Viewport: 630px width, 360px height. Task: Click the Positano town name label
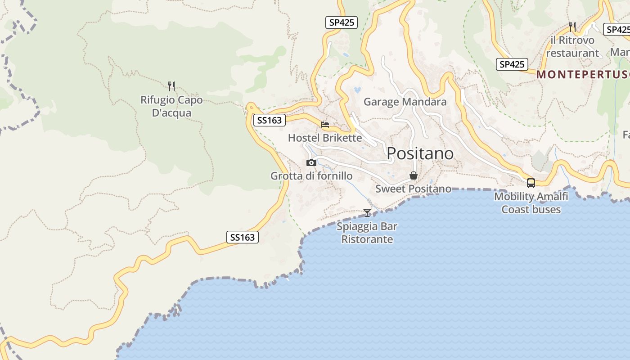(x=420, y=153)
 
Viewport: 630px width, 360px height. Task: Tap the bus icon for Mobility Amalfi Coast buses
(x=531, y=183)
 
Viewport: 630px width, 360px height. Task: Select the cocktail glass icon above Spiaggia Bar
(x=367, y=212)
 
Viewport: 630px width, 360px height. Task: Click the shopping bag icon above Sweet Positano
(x=414, y=175)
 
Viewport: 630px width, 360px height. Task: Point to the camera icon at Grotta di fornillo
(x=311, y=162)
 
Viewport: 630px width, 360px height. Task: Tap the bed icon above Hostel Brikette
(x=325, y=124)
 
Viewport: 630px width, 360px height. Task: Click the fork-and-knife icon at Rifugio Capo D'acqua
(x=171, y=86)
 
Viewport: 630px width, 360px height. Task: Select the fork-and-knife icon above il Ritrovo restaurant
(x=572, y=27)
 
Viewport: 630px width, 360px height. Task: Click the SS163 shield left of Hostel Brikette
(x=270, y=120)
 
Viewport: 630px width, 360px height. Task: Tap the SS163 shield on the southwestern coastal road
(x=243, y=237)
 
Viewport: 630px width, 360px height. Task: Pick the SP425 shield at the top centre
(x=342, y=22)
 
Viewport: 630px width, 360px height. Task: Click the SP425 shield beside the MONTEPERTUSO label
(x=512, y=64)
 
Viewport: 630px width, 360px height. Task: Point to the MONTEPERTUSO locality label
(x=583, y=75)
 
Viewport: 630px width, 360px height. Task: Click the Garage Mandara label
(x=405, y=102)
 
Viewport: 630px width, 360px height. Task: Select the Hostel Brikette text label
(x=325, y=138)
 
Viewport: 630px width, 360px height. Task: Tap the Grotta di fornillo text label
(x=311, y=176)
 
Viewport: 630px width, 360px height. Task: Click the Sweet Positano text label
(x=414, y=189)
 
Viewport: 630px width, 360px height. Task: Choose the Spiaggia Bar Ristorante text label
(x=367, y=233)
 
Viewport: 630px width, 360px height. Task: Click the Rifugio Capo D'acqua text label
(x=171, y=106)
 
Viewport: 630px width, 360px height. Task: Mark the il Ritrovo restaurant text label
(x=572, y=47)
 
